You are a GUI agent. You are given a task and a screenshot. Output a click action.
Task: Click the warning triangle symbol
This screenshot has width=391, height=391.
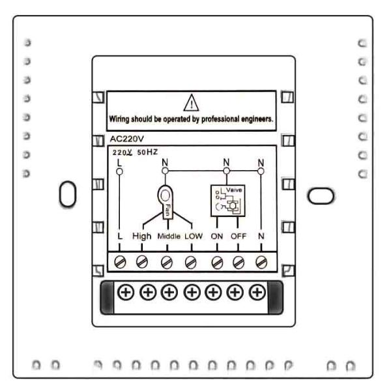pos(191,102)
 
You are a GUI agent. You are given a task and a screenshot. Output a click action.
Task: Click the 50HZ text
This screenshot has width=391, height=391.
pos(147,151)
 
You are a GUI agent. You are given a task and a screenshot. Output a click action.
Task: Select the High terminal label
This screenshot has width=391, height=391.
pos(142,235)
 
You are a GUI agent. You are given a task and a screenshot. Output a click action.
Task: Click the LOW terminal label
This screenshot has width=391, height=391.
pos(192,235)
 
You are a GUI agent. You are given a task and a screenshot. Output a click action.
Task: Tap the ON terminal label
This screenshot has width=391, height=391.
pos(217,235)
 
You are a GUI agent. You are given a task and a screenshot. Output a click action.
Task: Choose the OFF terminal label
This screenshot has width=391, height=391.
pos(239,235)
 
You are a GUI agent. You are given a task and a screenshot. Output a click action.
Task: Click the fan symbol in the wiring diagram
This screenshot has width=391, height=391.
pos(166,199)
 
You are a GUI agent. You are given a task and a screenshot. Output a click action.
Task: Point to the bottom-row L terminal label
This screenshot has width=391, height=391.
pos(120,235)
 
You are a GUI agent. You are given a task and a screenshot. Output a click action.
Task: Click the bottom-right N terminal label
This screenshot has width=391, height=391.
pos(261,235)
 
